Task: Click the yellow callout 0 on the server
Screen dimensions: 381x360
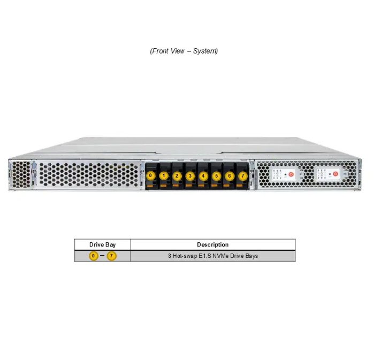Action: tap(150, 175)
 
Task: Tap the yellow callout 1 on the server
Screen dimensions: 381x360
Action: tap(164, 175)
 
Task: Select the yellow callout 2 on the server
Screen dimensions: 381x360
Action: tap(177, 176)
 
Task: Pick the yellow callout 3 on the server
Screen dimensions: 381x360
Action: tap(190, 176)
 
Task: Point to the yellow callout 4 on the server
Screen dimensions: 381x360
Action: tap(203, 176)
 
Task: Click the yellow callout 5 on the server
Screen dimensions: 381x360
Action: tap(217, 176)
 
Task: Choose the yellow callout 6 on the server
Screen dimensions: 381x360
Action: tap(230, 176)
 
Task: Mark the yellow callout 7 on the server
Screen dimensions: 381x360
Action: tap(243, 176)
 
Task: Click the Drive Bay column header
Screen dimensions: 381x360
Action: tap(103, 244)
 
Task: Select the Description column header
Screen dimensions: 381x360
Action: tap(213, 244)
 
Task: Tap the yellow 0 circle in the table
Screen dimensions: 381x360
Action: tap(93, 256)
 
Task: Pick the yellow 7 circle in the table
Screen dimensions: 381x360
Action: tap(111, 256)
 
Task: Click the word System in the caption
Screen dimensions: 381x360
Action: tap(205, 51)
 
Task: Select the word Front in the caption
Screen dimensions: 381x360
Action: tap(160, 51)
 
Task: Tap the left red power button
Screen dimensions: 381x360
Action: tap(291, 174)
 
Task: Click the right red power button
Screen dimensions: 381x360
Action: tap(336, 174)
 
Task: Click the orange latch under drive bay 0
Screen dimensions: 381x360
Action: tap(150, 186)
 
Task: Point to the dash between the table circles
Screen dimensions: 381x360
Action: tap(102, 256)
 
